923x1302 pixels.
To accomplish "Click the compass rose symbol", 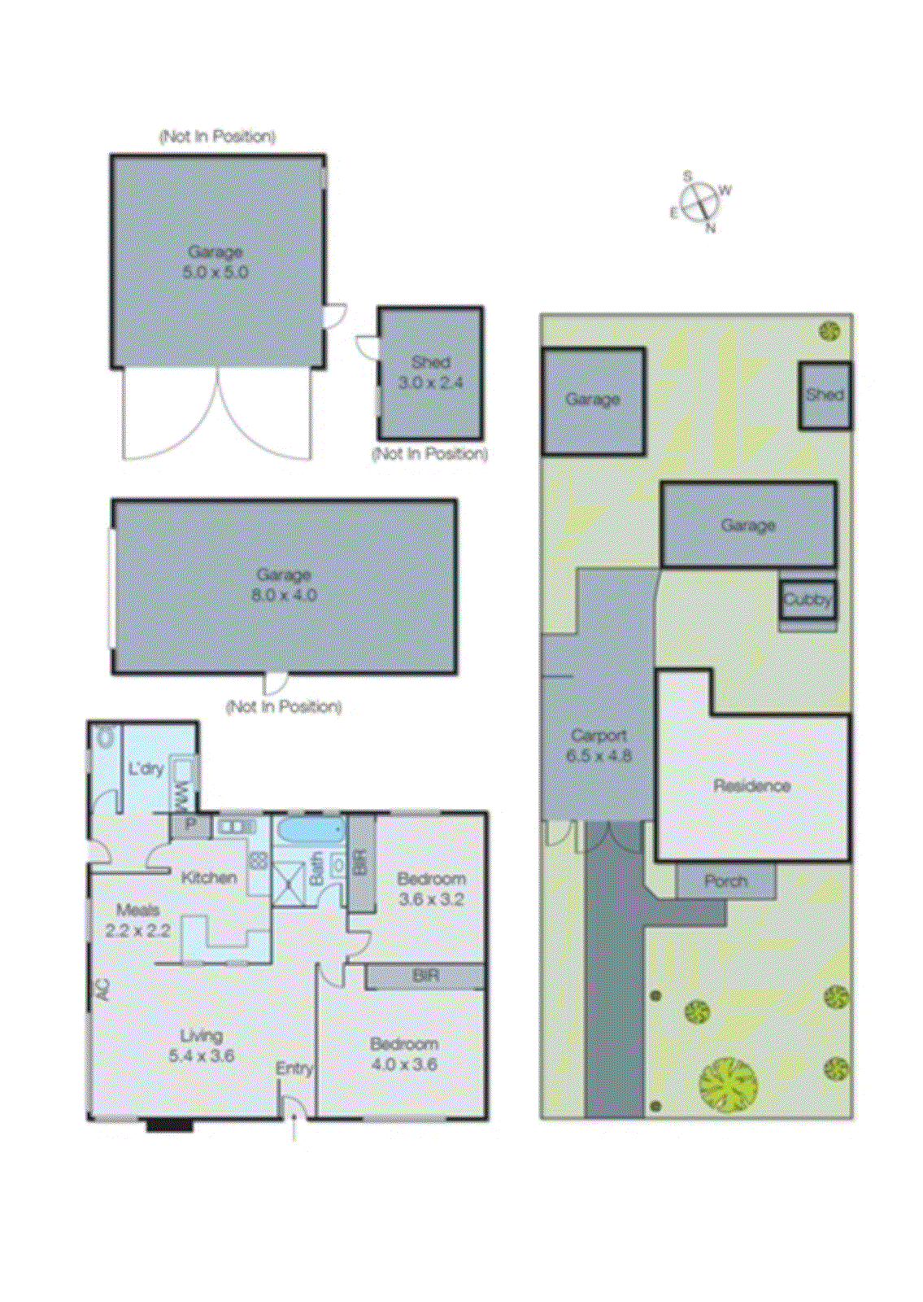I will pyautogui.click(x=700, y=201).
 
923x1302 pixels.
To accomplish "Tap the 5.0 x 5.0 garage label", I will pyautogui.click(x=215, y=262).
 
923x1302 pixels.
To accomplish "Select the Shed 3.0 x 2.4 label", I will pyautogui.click(x=430, y=372).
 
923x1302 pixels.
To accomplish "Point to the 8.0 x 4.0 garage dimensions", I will pyautogui.click(x=284, y=595).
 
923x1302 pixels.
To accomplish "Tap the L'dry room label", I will pyautogui.click(x=146, y=768).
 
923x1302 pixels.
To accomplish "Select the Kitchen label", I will pyautogui.click(x=209, y=877).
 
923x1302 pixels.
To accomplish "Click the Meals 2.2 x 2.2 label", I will pyautogui.click(x=137, y=920).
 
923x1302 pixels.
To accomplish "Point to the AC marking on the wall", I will pyautogui.click(x=102, y=989).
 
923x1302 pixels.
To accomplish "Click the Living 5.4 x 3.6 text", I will pyautogui.click(x=201, y=1046).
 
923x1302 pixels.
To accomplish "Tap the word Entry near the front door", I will pyautogui.click(x=294, y=1068).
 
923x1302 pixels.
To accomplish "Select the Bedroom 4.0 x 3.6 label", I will pyautogui.click(x=404, y=1053).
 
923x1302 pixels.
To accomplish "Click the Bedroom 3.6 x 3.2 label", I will pyautogui.click(x=431, y=889).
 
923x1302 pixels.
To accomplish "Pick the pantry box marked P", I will pyautogui.click(x=190, y=825).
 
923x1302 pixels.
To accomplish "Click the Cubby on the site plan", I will pyautogui.click(x=808, y=600).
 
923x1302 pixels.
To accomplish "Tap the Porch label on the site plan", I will pyautogui.click(x=725, y=880).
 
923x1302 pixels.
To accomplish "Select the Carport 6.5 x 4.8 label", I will pyautogui.click(x=599, y=745).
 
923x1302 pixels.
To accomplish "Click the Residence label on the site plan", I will pyautogui.click(x=751, y=785).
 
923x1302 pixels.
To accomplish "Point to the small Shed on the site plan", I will pyautogui.click(x=825, y=395).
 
